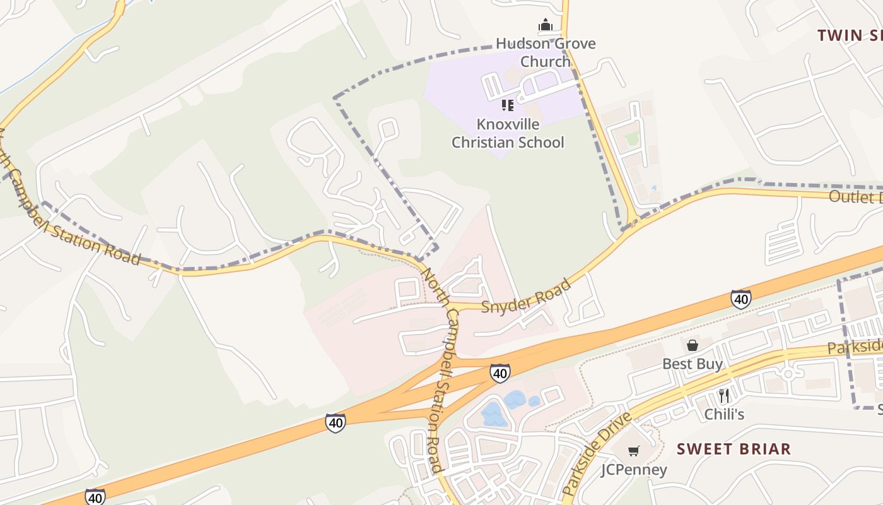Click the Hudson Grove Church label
(546, 52)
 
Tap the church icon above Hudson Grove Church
(546, 25)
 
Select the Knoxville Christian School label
(508, 133)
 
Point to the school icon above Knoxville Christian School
(508, 105)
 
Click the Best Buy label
(693, 364)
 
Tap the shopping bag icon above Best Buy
(693, 345)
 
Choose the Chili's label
(724, 414)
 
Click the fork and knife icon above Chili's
(724, 396)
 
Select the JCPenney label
(633, 470)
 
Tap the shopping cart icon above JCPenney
(633, 451)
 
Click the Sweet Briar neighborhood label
(734, 449)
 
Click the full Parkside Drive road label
(596, 454)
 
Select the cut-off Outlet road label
(855, 196)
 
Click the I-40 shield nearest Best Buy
(741, 299)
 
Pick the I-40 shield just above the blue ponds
(500, 373)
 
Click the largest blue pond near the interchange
(492, 415)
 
